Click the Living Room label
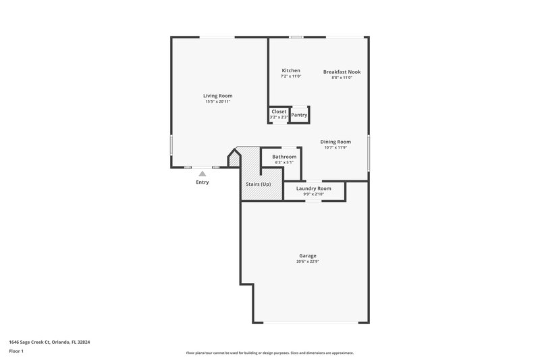click(x=217, y=96)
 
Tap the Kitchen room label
click(x=291, y=71)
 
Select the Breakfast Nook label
click(x=342, y=72)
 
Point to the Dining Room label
click(x=335, y=142)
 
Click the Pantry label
click(x=299, y=115)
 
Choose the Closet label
click(x=279, y=111)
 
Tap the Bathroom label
click(x=284, y=157)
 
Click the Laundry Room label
click(x=313, y=188)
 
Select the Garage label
click(x=307, y=256)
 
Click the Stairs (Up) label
click(x=257, y=184)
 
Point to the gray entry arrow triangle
click(x=202, y=174)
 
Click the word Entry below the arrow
click(x=202, y=182)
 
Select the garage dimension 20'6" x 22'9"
click(x=307, y=261)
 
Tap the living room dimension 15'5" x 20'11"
click(x=218, y=101)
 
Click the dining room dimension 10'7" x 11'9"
click(x=335, y=147)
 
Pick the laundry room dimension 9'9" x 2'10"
click(x=313, y=194)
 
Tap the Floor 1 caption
click(x=17, y=352)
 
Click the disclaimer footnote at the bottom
click(x=269, y=353)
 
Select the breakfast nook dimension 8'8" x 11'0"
click(x=342, y=77)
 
